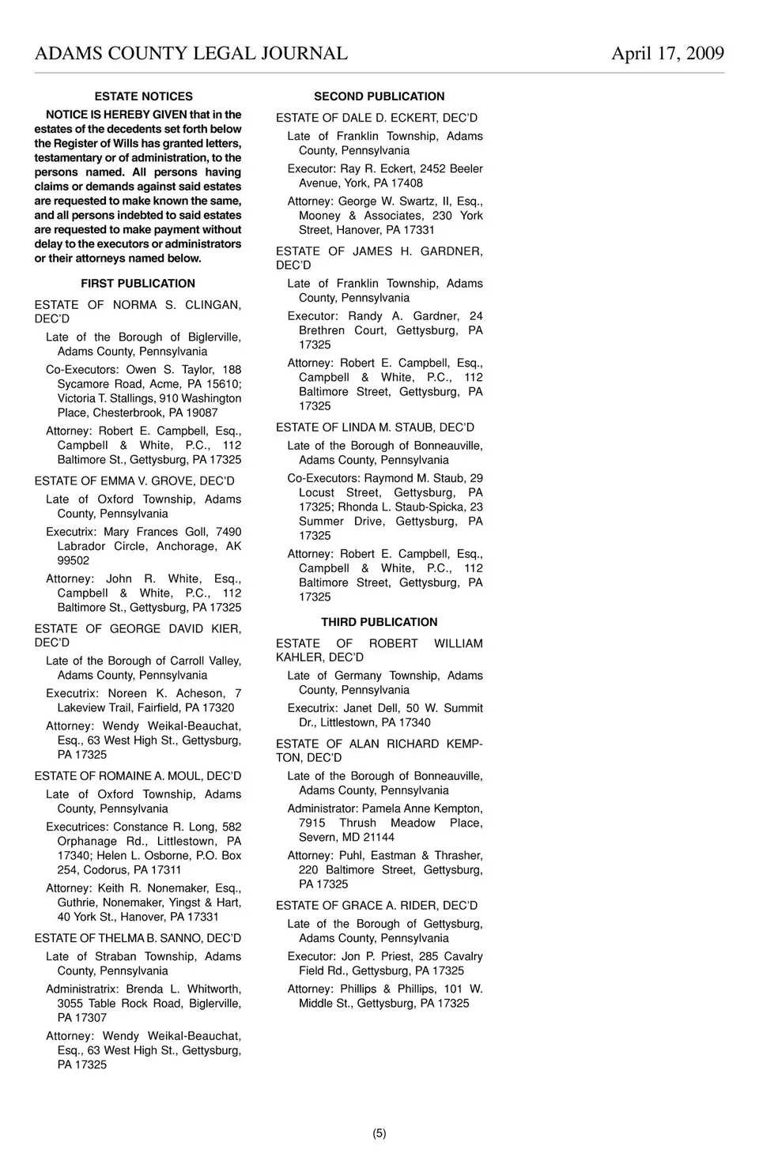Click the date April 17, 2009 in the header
click(x=667, y=53)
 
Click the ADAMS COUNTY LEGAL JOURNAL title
click(x=191, y=53)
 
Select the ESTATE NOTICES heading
click(x=143, y=96)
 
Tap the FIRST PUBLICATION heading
click(x=138, y=284)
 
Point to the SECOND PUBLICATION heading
click(x=379, y=96)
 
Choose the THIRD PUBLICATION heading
click(x=379, y=622)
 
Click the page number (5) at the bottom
click(x=379, y=1133)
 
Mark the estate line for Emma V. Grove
click(x=134, y=481)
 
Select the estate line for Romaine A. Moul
click(x=138, y=776)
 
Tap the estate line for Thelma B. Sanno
click(x=138, y=938)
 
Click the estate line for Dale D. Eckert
click(x=376, y=118)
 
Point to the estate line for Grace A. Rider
click(x=376, y=906)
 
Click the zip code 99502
click(x=74, y=561)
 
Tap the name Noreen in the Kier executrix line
click(x=127, y=694)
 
